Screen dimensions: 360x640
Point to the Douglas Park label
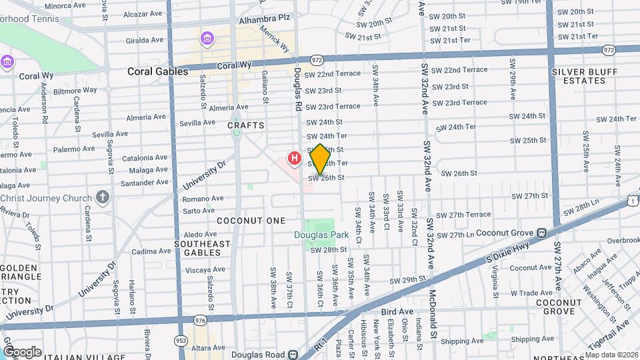[x=321, y=235]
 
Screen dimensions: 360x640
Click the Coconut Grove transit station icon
[x=542, y=233]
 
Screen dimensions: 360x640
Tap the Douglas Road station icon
[x=293, y=355]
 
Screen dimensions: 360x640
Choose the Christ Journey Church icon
[x=102, y=197]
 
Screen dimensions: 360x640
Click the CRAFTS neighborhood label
[x=246, y=125]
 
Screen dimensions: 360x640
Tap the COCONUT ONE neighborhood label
[x=251, y=221]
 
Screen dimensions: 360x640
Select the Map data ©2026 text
[x=611, y=355]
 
